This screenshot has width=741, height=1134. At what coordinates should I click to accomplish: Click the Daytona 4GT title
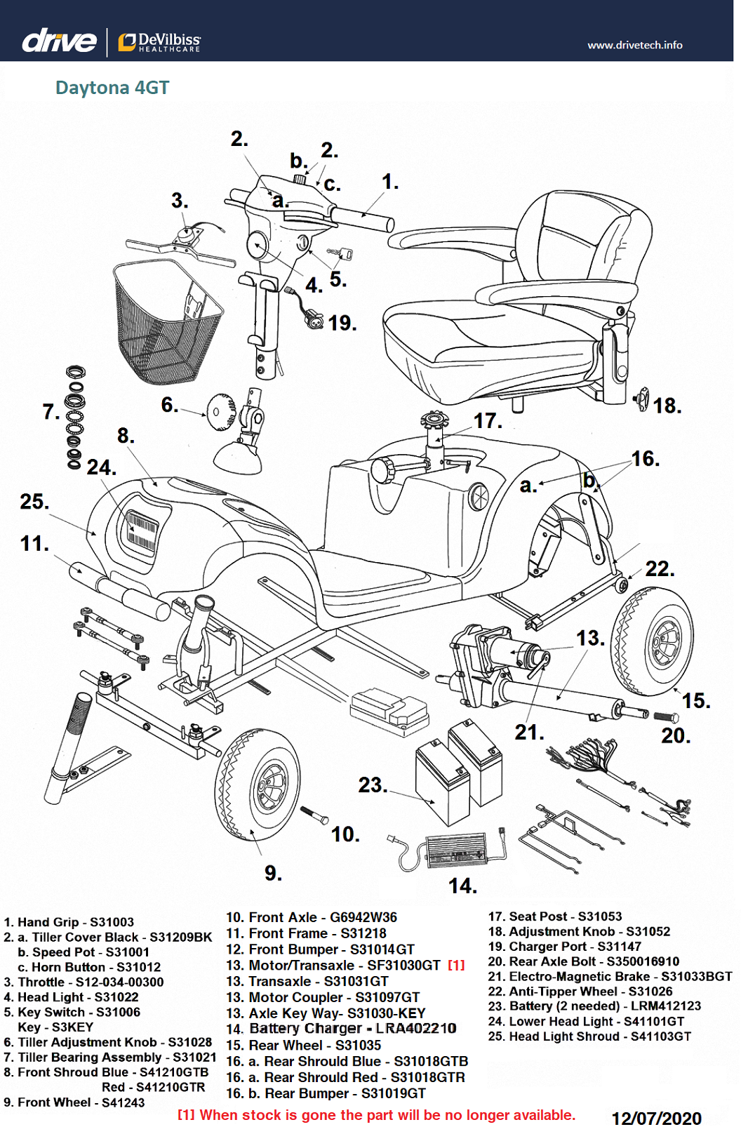(112, 88)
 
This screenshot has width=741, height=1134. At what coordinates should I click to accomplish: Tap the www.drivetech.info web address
(634, 45)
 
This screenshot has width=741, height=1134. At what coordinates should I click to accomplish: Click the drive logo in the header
(59, 41)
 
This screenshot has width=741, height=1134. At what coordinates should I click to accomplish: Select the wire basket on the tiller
(166, 323)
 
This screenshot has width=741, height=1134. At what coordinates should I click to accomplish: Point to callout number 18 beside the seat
(667, 406)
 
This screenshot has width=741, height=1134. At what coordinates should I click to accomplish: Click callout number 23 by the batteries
(372, 785)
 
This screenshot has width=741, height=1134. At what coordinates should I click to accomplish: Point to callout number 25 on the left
(34, 502)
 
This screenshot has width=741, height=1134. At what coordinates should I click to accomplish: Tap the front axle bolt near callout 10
(314, 815)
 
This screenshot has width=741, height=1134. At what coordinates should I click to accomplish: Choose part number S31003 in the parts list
(112, 922)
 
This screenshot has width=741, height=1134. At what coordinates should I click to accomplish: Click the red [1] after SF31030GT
(456, 966)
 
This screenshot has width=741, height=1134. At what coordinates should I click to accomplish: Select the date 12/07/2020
(656, 1119)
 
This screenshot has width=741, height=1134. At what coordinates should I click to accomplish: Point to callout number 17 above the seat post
(487, 420)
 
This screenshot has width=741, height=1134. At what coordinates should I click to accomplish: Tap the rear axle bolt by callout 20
(665, 717)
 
